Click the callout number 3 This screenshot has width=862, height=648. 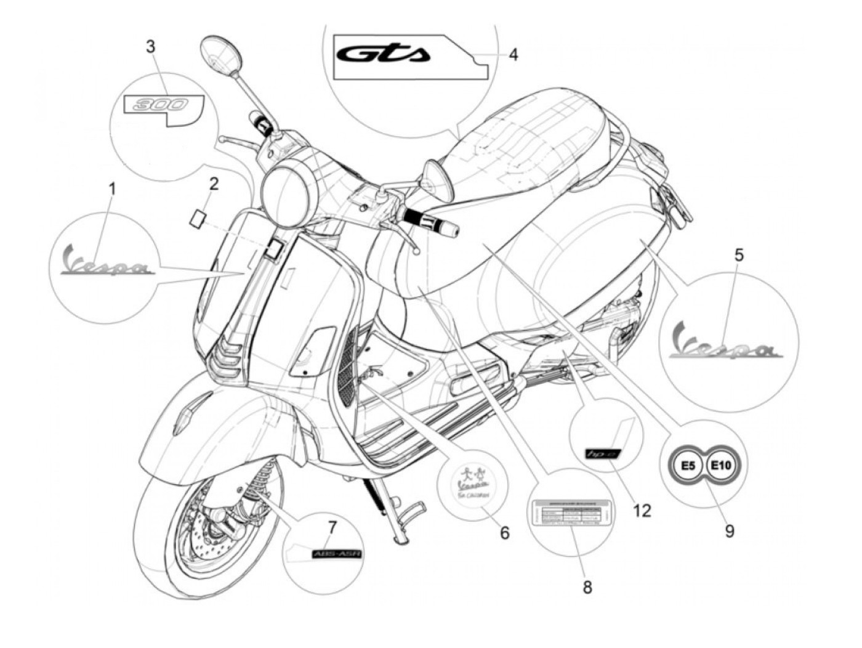[x=151, y=46]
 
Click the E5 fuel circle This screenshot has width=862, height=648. [x=688, y=466]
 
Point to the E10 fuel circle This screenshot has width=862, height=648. [x=720, y=466]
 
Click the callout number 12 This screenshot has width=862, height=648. [x=642, y=510]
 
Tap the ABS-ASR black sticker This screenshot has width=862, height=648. [x=337, y=554]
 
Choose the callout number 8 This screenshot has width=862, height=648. [x=587, y=587]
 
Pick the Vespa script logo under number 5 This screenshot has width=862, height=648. [x=727, y=344]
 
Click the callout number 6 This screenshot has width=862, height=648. [x=505, y=532]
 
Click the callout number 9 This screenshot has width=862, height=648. [x=730, y=530]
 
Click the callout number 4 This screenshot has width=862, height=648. [x=513, y=54]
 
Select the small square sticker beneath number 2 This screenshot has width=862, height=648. [x=198, y=218]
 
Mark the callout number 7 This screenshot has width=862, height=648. [x=332, y=527]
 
